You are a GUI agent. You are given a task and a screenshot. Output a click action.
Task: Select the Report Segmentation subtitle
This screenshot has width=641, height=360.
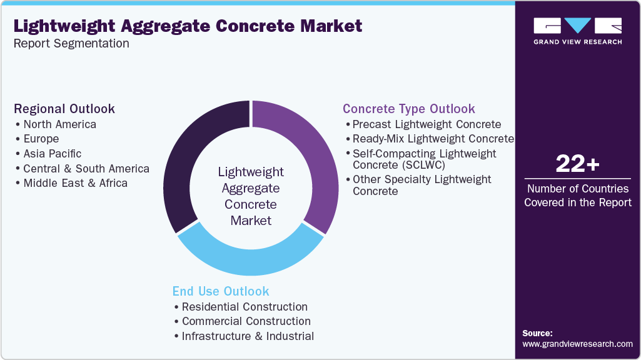[71, 44]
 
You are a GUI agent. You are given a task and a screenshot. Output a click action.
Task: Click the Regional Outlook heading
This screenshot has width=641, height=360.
[64, 109]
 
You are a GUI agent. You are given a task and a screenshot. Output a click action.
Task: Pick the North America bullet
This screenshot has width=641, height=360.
[59, 124]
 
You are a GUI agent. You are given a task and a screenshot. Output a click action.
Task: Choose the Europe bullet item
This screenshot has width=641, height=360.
[41, 139]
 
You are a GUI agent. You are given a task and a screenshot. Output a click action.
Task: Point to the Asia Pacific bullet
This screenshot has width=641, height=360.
[52, 154]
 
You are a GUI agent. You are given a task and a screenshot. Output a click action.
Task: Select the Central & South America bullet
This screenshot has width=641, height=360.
[86, 169]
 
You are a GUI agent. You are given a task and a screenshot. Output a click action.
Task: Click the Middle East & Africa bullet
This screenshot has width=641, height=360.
[75, 183]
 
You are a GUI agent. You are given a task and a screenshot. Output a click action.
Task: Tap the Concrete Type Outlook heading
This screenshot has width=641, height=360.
[409, 109]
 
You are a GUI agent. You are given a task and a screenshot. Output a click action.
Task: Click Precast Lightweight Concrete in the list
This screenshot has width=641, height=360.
[426, 124]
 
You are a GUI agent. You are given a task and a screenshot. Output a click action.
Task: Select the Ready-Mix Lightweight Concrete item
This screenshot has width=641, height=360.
[433, 139]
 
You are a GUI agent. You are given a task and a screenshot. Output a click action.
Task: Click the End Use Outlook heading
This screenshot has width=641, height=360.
[221, 291]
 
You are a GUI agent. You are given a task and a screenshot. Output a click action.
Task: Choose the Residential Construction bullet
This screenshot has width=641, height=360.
[245, 307]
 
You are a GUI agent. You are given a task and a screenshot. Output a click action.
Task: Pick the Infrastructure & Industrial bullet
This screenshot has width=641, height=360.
[248, 336]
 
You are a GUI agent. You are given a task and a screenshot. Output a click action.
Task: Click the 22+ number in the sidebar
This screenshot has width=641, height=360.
[577, 165]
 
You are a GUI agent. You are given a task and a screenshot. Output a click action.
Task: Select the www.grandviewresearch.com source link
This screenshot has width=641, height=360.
[577, 344]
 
